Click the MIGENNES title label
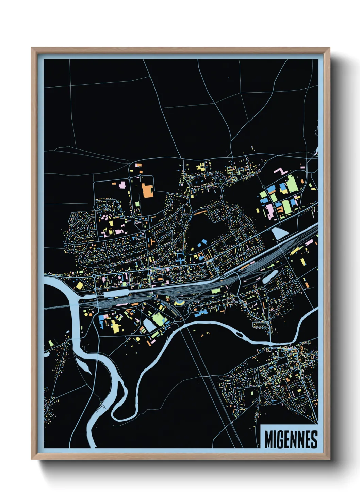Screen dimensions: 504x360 (291, 439)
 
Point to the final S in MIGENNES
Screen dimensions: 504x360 (314, 440)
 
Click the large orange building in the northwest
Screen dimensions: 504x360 (148, 190)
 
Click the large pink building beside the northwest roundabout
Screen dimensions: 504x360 (122, 185)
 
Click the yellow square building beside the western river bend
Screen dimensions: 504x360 (79, 285)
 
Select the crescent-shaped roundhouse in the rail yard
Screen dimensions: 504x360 (178, 303)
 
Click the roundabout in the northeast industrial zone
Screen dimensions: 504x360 (264, 187)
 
